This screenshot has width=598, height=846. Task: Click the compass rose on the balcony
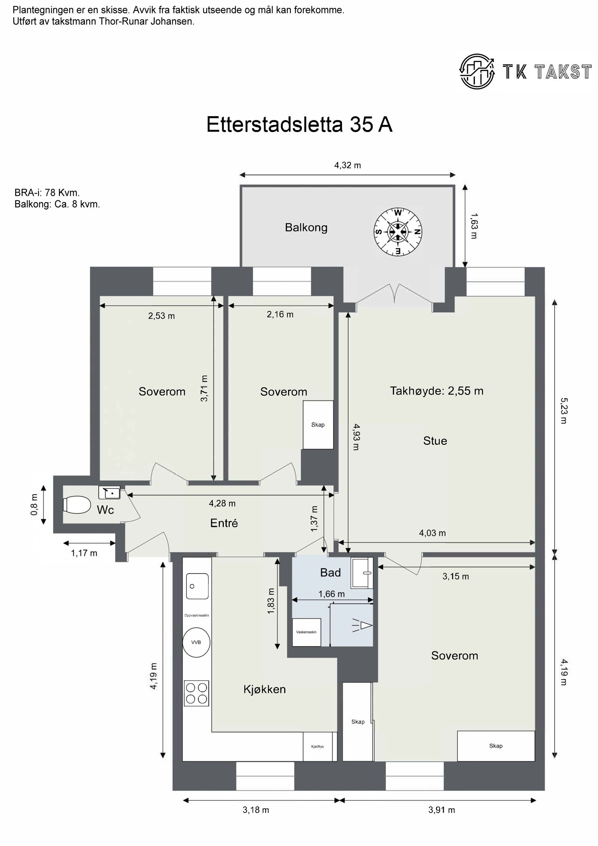tap(398, 232)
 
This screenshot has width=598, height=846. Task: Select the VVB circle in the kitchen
tap(196, 642)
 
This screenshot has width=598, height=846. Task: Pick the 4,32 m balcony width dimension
tap(348, 165)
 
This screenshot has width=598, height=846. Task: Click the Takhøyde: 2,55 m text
tap(437, 391)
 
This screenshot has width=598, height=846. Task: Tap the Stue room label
tap(435, 441)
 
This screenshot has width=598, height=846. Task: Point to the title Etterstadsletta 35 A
tap(299, 124)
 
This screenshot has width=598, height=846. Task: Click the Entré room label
tap(224, 523)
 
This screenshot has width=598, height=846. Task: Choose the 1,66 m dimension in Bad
tap(332, 594)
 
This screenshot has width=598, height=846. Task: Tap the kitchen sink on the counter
tap(197, 586)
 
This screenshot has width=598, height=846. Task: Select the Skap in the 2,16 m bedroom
tap(318, 424)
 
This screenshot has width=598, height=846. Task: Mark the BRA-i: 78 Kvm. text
tap(47, 193)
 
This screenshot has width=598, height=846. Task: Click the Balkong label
tap(306, 228)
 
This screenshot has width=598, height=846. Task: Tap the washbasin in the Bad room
tap(362, 572)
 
